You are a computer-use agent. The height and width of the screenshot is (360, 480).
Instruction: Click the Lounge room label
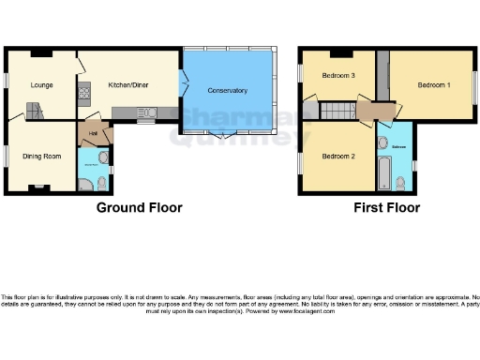[x=40, y=85]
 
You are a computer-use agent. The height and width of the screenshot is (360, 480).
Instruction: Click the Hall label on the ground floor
[x=94, y=133]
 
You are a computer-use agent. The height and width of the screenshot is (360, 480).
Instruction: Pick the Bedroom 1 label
[x=434, y=85]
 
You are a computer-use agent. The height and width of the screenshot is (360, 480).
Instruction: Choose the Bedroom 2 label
[x=339, y=156]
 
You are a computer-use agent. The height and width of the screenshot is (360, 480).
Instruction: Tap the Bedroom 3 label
[x=339, y=75]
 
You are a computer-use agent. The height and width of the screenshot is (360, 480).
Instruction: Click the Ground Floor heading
[x=140, y=208]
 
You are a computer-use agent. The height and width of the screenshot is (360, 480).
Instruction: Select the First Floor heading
[x=386, y=208]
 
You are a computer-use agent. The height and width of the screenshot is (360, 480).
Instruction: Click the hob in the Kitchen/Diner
[x=83, y=92]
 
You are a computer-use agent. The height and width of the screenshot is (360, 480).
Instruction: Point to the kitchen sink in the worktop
[x=146, y=114]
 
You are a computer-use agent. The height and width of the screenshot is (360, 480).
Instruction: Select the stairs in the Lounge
[x=37, y=112]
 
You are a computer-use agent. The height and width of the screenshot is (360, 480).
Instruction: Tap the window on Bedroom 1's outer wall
[x=475, y=85]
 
